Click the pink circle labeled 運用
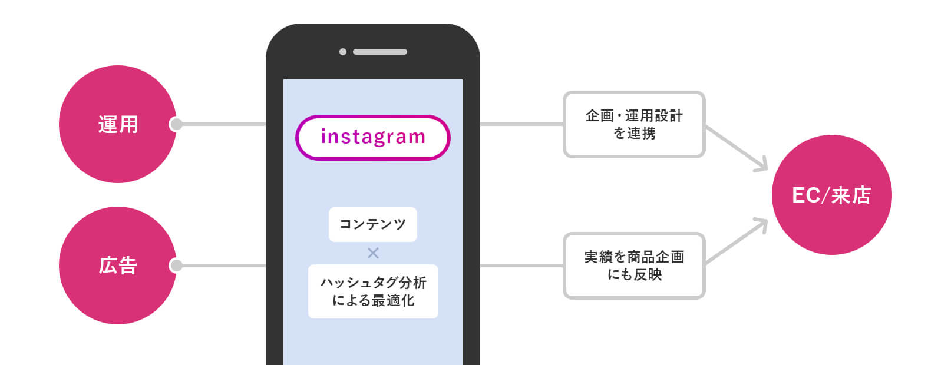pos(117,124)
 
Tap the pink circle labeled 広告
pos(117,266)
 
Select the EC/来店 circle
pos(831,195)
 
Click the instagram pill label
pos(372,137)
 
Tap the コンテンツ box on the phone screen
pos(372,224)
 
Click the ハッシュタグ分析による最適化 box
pos(372,291)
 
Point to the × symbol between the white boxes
pos(373,253)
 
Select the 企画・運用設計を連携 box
pos(634,124)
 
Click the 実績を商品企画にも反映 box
pos(634,266)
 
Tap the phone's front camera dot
pos(343,52)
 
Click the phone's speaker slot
pos(379,52)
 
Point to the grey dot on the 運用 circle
pos(176,124)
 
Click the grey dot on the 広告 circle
pos(176,266)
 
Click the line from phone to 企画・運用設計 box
pos(521,124)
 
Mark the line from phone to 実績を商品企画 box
pos(521,266)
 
